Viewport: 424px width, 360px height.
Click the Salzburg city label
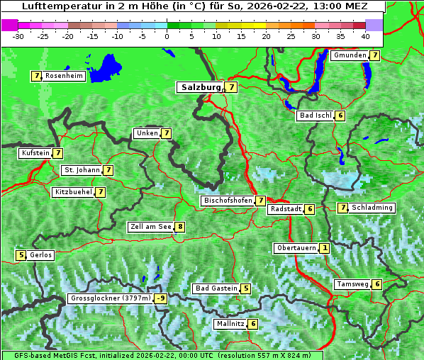(201, 87)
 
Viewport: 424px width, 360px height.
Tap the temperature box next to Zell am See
(180, 227)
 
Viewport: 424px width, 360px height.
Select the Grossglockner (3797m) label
(111, 298)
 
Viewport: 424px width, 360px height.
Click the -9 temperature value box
(161, 298)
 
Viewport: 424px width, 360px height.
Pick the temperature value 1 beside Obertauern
(324, 248)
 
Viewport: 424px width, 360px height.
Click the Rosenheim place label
(64, 76)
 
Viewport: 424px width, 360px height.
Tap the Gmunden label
(350, 55)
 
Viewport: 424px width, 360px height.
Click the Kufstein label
(35, 152)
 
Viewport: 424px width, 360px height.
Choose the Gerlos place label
(41, 255)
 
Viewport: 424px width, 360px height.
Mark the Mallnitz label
(230, 324)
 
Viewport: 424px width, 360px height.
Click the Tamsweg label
(352, 284)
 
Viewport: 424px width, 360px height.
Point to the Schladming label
(372, 208)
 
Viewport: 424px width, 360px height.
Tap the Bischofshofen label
(228, 201)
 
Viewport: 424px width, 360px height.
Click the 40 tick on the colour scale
(365, 35)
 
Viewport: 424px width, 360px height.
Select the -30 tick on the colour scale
(18, 35)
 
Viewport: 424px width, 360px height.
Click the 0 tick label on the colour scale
(167, 35)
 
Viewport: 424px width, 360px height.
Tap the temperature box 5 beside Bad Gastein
(245, 288)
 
